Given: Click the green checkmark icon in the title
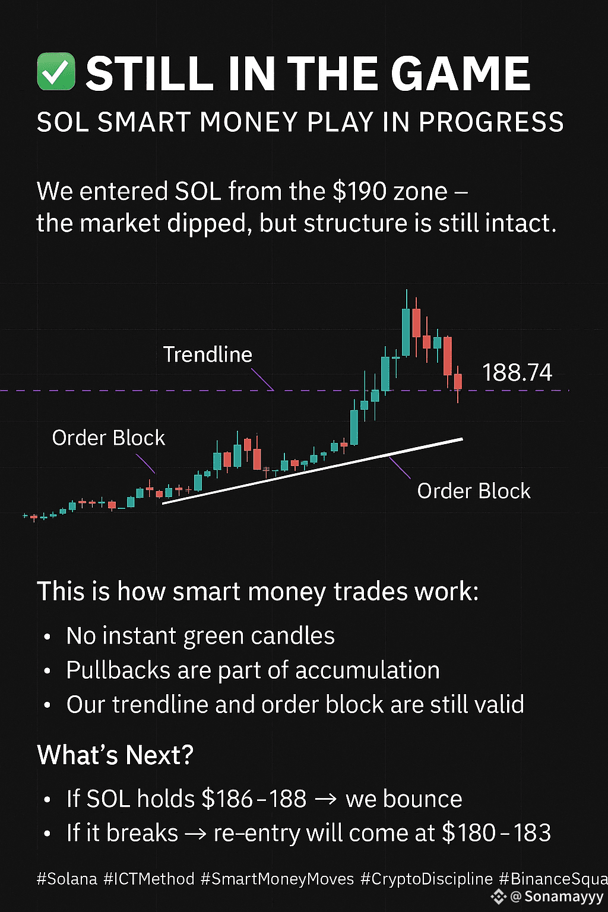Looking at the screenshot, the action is [56, 71].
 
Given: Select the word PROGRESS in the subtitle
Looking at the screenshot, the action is [491, 122].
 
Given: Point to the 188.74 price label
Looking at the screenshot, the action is [517, 372].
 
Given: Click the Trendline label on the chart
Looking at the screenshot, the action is [208, 354].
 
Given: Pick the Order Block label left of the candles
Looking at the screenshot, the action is [108, 438].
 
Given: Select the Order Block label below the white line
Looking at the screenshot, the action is [474, 490].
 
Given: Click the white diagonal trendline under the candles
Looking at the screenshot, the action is [312, 471].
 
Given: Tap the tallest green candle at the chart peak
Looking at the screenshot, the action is [406, 332].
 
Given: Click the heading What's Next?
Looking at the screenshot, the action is [115, 755].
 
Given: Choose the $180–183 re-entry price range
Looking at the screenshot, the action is [496, 832].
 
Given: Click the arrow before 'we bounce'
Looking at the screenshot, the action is [326, 799].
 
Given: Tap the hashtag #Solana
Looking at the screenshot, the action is [66, 879].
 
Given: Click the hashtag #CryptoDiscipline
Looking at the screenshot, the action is [426, 879].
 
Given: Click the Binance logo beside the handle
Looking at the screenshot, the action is [498, 897].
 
